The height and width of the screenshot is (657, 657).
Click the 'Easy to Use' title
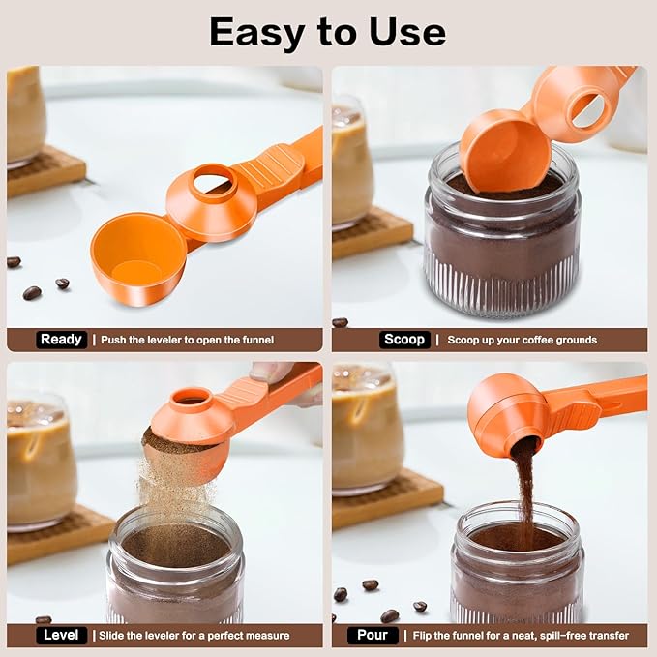pyautogui.click(x=327, y=33)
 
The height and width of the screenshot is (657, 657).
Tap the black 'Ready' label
pyautogui.click(x=62, y=340)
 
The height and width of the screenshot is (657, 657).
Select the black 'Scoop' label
pyautogui.click(x=403, y=340)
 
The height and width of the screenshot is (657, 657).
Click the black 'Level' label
pyautogui.click(x=61, y=636)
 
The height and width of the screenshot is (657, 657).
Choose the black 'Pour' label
pyautogui.click(x=373, y=636)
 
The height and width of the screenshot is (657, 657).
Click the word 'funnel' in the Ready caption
pyautogui.click(x=257, y=340)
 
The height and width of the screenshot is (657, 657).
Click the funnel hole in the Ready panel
pyautogui.click(x=211, y=180)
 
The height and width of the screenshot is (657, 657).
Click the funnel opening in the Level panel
pyautogui.click(x=191, y=398)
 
